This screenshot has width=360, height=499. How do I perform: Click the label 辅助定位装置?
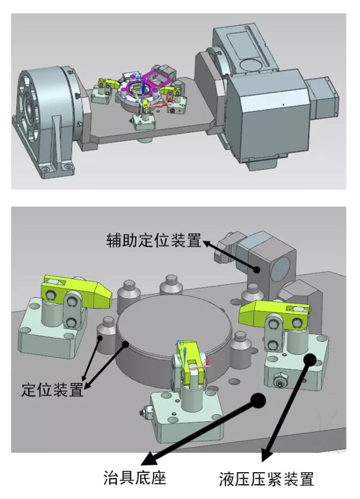pyautogui.click(x=153, y=241)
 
